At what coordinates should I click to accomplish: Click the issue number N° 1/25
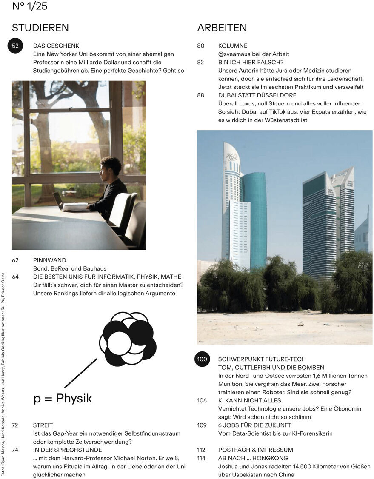pyautogui.click(x=29, y=6)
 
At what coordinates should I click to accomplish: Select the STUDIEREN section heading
pyautogui.click(x=40, y=28)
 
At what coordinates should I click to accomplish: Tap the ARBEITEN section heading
pyautogui.click(x=222, y=28)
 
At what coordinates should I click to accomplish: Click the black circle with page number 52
pyautogui.click(x=16, y=46)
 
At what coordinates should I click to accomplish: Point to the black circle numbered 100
pyautogui.click(x=202, y=359)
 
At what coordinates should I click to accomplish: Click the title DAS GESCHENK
pyautogui.click(x=56, y=46)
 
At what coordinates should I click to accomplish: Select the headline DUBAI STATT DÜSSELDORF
pyautogui.click(x=257, y=96)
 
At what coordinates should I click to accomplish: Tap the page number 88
pyautogui.click(x=201, y=96)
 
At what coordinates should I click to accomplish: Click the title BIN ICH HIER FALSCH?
pyautogui.click(x=251, y=62)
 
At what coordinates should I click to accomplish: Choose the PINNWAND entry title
pyautogui.click(x=49, y=260)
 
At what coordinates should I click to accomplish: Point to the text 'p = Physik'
pyautogui.click(x=63, y=399)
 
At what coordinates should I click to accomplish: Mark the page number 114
pyautogui.click(x=201, y=458)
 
